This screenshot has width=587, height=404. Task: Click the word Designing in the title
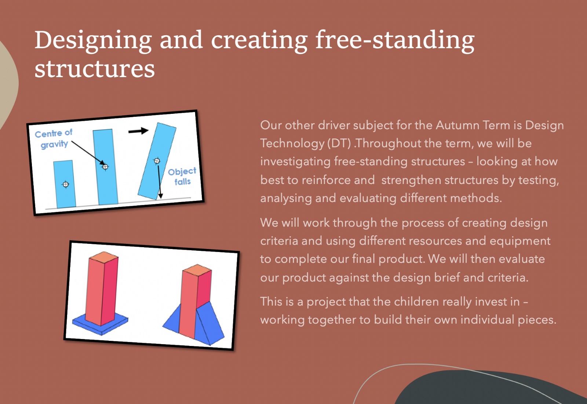(93, 41)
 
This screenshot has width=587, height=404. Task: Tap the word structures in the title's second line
(95, 69)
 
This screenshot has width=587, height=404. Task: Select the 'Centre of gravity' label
(54, 139)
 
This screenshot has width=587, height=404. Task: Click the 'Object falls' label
(182, 177)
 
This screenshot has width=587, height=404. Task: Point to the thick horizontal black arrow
(138, 131)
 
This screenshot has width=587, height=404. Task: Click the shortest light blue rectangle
(65, 184)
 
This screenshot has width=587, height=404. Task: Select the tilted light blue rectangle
(157, 161)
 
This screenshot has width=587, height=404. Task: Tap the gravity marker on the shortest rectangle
(66, 184)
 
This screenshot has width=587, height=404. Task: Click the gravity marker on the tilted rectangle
(157, 161)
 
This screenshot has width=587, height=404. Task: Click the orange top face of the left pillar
(104, 257)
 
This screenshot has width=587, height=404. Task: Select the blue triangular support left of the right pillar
(172, 320)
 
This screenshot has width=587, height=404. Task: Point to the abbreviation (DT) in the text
(339, 144)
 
